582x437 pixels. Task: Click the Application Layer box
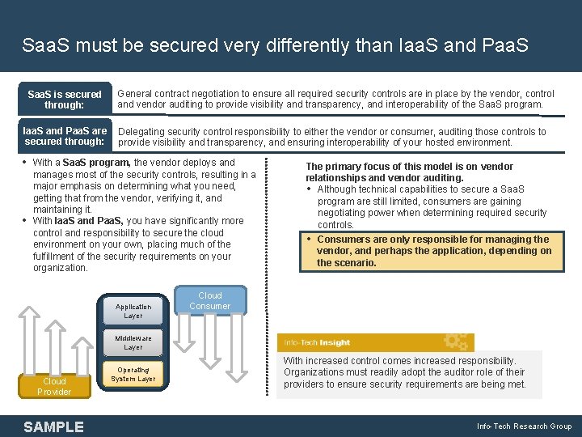point(133,311)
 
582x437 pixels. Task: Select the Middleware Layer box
point(133,342)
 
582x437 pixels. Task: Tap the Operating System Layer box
point(133,374)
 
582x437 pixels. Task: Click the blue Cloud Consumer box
point(209,301)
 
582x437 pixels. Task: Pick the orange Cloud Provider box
point(54,386)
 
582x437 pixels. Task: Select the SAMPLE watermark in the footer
point(53,426)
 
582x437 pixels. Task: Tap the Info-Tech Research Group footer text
point(524,426)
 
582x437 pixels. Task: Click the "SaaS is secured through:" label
point(65,100)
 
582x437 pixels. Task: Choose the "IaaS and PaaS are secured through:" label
point(65,136)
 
